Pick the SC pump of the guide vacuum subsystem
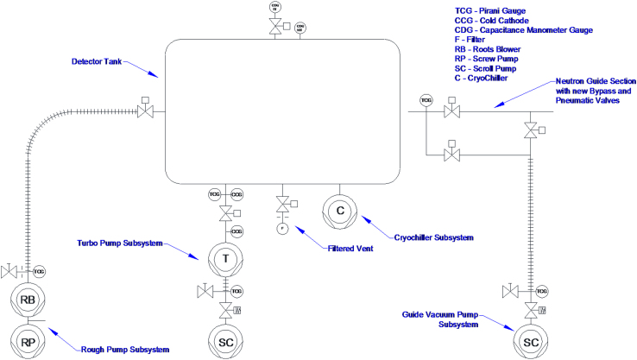coord(529,342)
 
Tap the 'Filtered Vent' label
coord(351,249)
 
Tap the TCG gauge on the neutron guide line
coord(426,101)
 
